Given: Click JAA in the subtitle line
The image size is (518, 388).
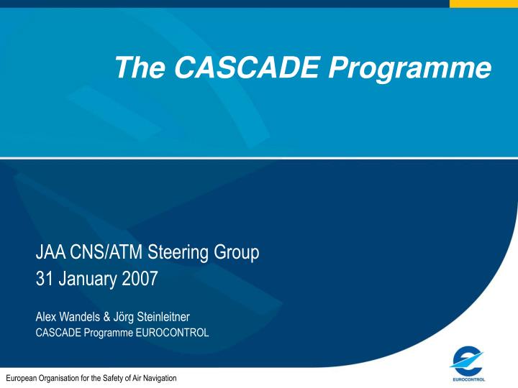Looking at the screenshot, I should (x=50, y=253).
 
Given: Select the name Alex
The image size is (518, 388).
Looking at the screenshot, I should (x=45, y=316).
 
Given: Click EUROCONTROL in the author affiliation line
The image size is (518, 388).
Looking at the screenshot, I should (x=173, y=332).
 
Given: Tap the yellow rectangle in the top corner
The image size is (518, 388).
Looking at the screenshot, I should (x=483, y=3).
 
